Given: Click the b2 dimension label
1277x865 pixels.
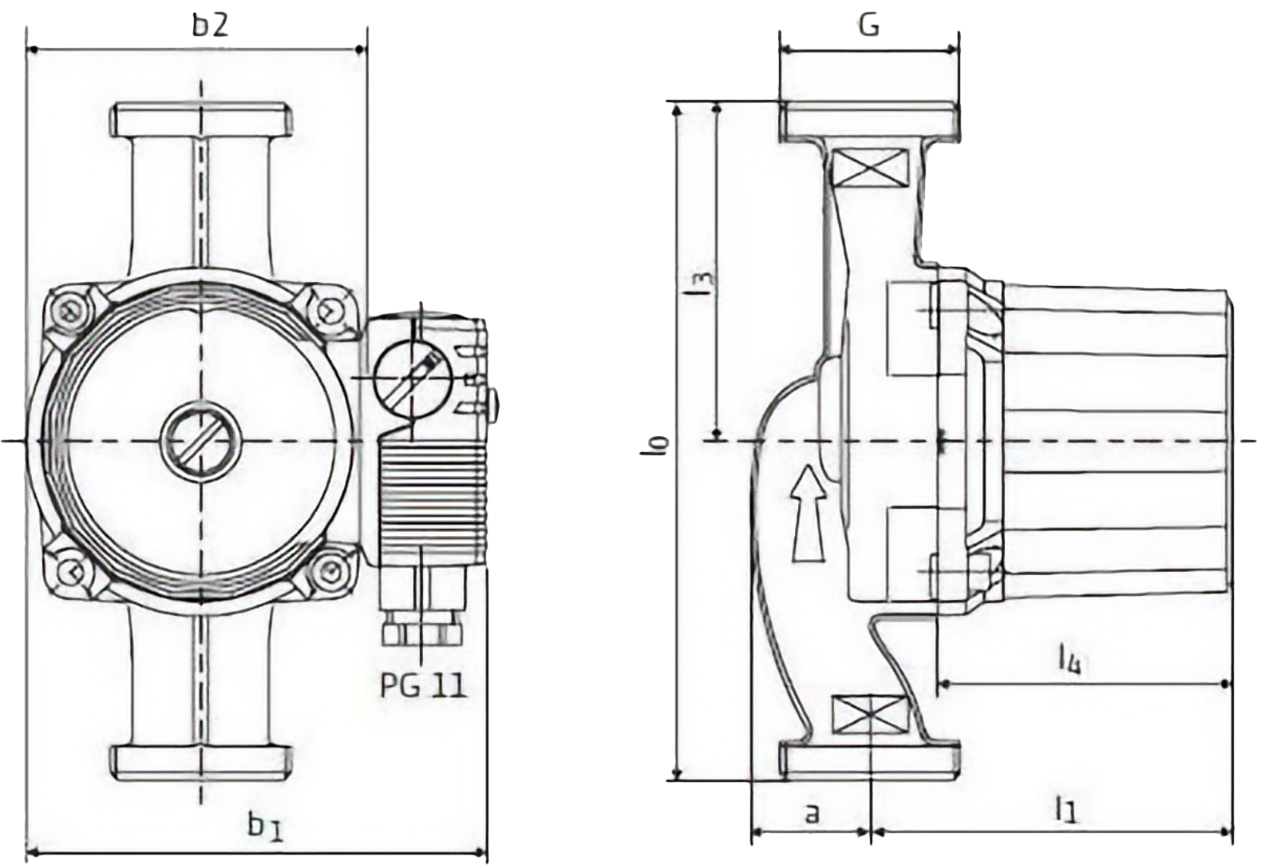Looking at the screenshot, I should point(210,25).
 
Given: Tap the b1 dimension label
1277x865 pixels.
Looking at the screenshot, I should point(265,826).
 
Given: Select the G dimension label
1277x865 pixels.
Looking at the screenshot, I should point(869,25).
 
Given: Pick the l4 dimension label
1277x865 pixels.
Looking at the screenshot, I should point(1069,659).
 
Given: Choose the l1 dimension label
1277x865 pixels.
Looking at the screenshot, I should point(1065,811).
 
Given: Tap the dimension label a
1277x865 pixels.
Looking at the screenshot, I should point(812,814).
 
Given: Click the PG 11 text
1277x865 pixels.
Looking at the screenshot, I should point(422,684).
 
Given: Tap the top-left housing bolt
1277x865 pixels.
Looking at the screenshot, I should point(66,309).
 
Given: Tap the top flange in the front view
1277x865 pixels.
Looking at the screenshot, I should point(201,120).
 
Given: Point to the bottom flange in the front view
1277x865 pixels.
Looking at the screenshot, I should point(201,763).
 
